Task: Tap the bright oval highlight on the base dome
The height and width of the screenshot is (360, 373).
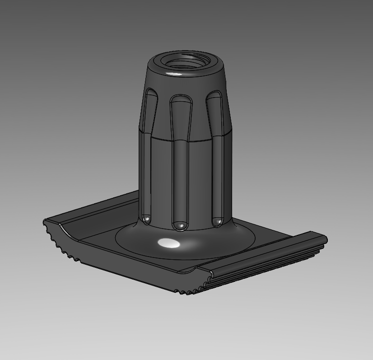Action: point(168,243)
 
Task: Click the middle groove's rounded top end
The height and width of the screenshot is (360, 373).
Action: point(181,101)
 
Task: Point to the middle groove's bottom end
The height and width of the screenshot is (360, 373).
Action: point(181,224)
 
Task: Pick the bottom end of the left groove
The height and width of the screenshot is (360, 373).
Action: point(147,219)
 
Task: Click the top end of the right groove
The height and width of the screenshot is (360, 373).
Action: point(215,96)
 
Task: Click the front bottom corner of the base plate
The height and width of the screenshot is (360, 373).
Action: point(181,291)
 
